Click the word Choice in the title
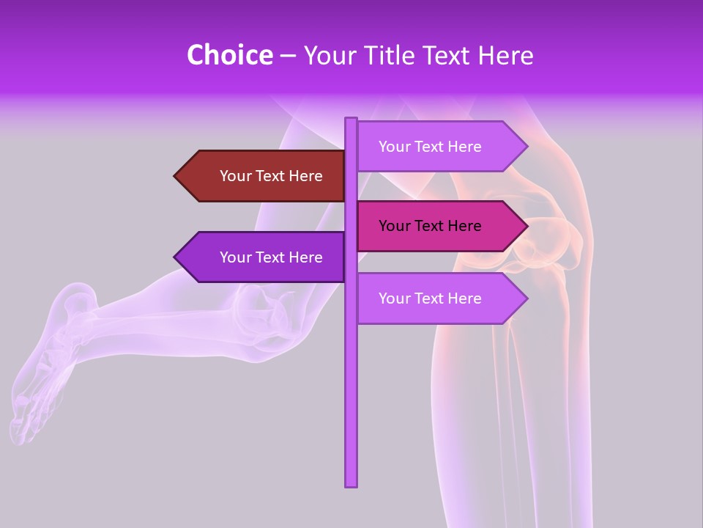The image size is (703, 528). [229, 55]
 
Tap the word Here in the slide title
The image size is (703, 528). [505, 55]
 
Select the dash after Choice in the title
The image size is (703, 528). [288, 56]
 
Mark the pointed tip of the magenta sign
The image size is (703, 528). [526, 226]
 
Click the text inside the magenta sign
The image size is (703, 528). [430, 226]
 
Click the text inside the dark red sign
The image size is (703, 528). [271, 176]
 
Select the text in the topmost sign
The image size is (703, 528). [430, 147]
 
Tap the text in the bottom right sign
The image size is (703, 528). [430, 298]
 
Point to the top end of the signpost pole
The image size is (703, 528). [351, 120]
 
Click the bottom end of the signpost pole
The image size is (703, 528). [351, 485]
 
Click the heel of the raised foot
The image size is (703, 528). [73, 293]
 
